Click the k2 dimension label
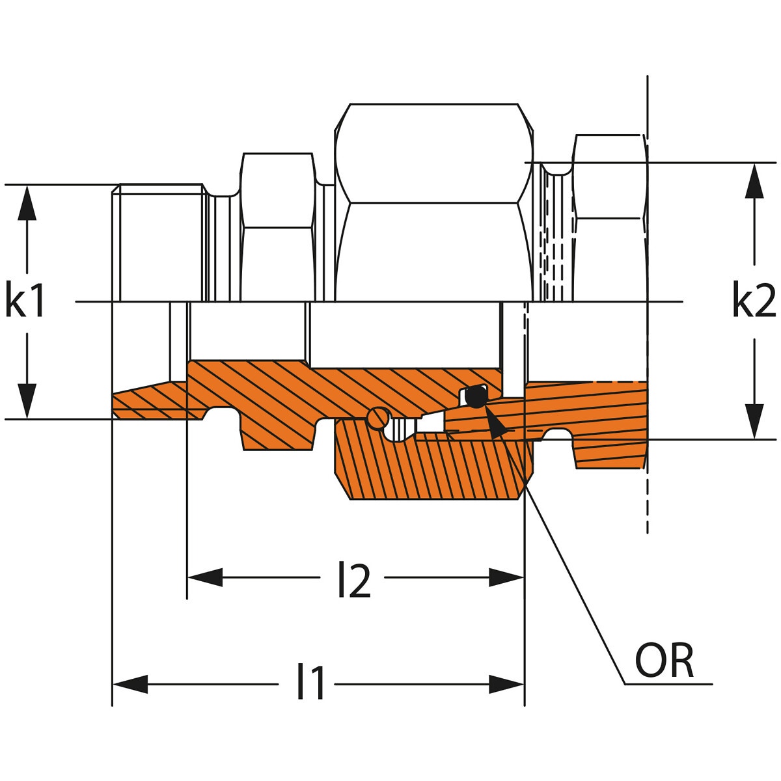pyautogui.click(x=754, y=301)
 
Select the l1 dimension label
pyautogui.click(x=310, y=683)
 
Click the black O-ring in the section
pyautogui.click(x=476, y=396)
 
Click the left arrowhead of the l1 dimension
pyautogui.click(x=130, y=684)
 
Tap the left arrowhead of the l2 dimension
pyautogui.click(x=205, y=577)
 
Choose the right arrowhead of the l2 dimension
pyautogui.click(x=506, y=577)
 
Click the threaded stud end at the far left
pyautogui.click(x=159, y=241)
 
